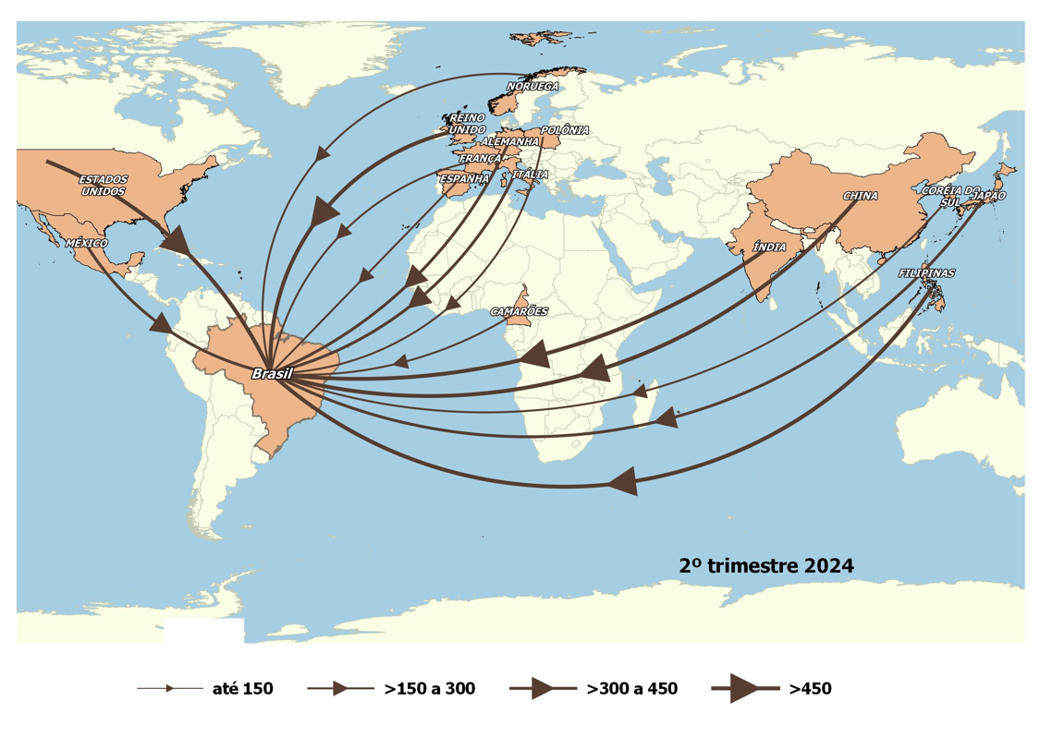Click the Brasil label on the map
pyautogui.click(x=272, y=373)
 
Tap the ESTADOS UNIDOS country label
pyautogui.click(x=104, y=185)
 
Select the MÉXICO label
pyautogui.click(x=86, y=243)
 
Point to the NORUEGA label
pyautogui.click(x=532, y=87)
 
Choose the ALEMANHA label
pyautogui.click(x=510, y=142)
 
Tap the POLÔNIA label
pyautogui.click(x=564, y=130)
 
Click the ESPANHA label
pyautogui.click(x=463, y=178)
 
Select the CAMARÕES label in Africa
pyautogui.click(x=518, y=311)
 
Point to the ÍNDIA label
pyautogui.click(x=769, y=248)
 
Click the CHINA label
pyautogui.click(x=860, y=196)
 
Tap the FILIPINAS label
pyautogui.click(x=926, y=273)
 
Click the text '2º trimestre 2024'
pyautogui.click(x=765, y=564)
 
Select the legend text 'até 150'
pyautogui.click(x=243, y=688)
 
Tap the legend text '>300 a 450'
pyautogui.click(x=631, y=688)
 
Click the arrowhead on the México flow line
pyautogui.click(x=162, y=324)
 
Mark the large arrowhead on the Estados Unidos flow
pyautogui.click(x=177, y=241)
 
